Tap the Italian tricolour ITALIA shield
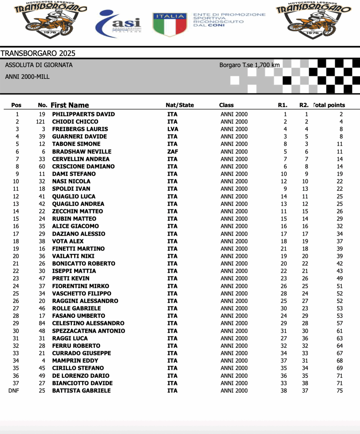[x=170, y=24]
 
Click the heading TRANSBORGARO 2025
[x=38, y=53]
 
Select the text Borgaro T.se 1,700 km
[x=249, y=65]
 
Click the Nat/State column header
[x=180, y=105]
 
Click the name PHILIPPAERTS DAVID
[x=83, y=114]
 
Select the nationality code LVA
[x=173, y=129]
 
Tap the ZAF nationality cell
[x=173, y=152]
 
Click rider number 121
[x=40, y=122]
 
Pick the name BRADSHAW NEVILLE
[x=82, y=152]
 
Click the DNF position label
[x=14, y=391]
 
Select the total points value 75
[x=340, y=391]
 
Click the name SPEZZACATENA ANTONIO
[x=88, y=331]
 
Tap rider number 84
[x=42, y=323]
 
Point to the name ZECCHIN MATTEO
[x=78, y=211]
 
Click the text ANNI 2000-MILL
[x=27, y=77]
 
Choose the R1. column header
[x=282, y=105]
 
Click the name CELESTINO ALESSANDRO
[x=88, y=323]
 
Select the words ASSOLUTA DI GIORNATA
[x=39, y=65]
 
